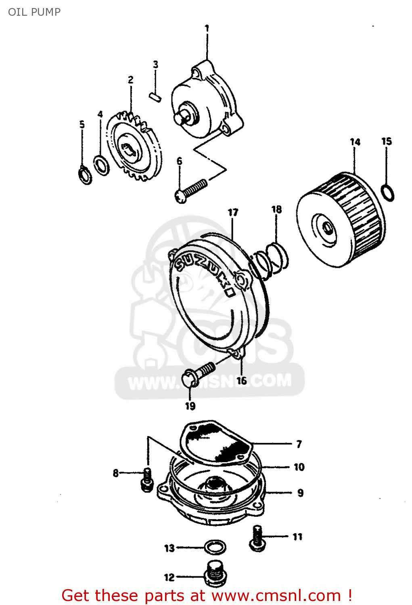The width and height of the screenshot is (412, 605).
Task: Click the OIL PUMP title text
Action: tap(34, 12)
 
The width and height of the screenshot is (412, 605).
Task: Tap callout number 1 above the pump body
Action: tap(207, 28)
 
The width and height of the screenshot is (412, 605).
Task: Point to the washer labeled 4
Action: tap(101, 165)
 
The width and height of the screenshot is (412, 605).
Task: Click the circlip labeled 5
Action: tap(85, 175)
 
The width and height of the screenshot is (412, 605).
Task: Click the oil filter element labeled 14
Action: tap(341, 220)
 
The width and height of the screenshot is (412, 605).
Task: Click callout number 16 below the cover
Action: tap(241, 380)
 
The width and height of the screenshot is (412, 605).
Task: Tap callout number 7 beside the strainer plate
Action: tap(299, 444)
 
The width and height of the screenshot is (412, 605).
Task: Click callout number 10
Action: tap(299, 467)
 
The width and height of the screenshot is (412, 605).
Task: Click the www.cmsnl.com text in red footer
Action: tap(276, 595)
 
